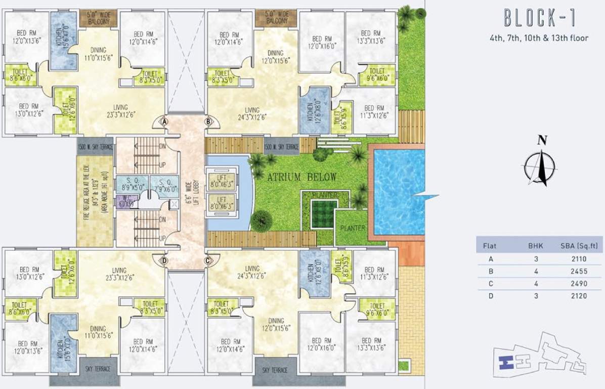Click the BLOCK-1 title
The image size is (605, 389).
point(539,18)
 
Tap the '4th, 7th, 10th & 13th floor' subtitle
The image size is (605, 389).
point(539,38)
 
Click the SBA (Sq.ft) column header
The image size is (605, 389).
point(580,246)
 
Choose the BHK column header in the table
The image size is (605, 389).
point(535,246)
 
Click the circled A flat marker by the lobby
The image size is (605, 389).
point(164,122)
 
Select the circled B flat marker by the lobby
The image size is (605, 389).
point(207,122)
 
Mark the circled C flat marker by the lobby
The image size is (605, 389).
point(207,261)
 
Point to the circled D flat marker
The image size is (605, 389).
point(164,261)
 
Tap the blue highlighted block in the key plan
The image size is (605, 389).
point(504,362)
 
